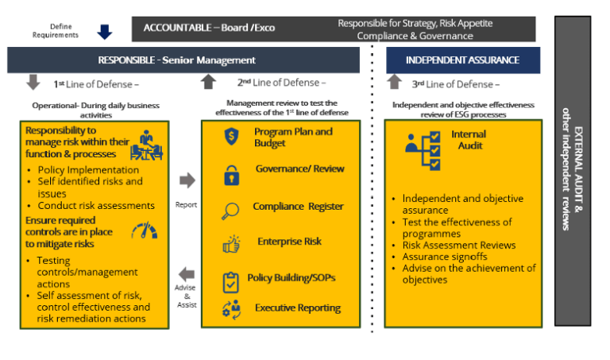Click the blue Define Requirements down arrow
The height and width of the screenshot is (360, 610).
[x=105, y=31]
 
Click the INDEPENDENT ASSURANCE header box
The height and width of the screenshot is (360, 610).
[x=462, y=60]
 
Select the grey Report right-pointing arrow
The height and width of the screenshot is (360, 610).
[x=187, y=180]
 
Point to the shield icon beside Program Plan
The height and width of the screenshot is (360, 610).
[x=232, y=136]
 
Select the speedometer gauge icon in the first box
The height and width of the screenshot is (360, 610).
[x=144, y=230]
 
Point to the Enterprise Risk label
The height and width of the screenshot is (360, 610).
[x=289, y=241]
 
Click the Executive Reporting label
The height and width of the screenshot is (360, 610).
[x=297, y=308]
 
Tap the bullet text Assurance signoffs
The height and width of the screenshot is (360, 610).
[x=444, y=257]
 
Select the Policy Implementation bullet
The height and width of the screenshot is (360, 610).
[x=88, y=169]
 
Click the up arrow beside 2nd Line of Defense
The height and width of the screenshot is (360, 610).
[x=208, y=81]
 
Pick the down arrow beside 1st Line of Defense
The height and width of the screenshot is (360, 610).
[x=33, y=82]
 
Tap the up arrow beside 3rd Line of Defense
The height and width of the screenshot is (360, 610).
[x=395, y=81]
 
